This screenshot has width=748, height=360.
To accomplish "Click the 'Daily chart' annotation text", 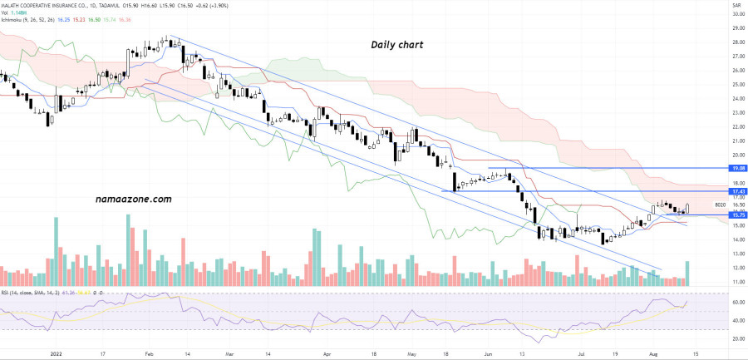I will pos(397,45).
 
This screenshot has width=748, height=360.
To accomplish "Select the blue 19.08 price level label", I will pos(736,168).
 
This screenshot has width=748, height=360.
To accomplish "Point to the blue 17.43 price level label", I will pos(736,192).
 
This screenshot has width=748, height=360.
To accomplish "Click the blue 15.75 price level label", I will pos(736,215).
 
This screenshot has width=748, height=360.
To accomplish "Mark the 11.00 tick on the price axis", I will pos(736,283).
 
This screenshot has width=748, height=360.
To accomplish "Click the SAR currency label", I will pos(736,5).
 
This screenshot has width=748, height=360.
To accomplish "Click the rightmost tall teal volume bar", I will pos(687,274).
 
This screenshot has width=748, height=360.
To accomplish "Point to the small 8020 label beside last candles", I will pos(720,205).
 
